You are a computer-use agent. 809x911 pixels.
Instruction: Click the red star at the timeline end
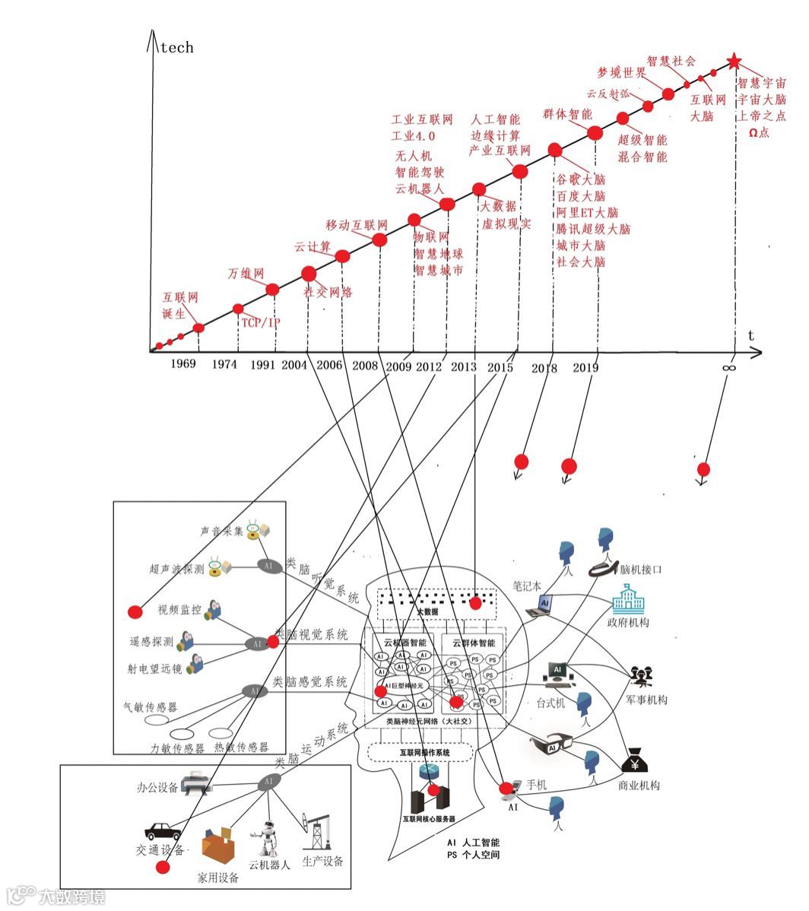(x=734, y=62)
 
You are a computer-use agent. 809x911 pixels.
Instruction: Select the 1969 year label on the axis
(x=183, y=363)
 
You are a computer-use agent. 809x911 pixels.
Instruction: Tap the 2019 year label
(x=585, y=368)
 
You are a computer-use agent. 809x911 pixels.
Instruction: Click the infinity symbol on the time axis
(x=728, y=367)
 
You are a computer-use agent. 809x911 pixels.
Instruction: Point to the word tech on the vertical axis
(x=176, y=48)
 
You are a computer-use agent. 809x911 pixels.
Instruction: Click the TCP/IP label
(x=260, y=323)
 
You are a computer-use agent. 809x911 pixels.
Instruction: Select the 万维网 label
(x=246, y=274)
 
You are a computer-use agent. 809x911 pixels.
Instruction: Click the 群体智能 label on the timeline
(x=567, y=115)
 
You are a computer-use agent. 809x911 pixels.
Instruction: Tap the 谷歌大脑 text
(x=581, y=180)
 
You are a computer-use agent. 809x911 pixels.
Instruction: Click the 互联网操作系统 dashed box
(x=420, y=752)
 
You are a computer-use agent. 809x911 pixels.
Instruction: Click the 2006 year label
(x=329, y=365)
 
